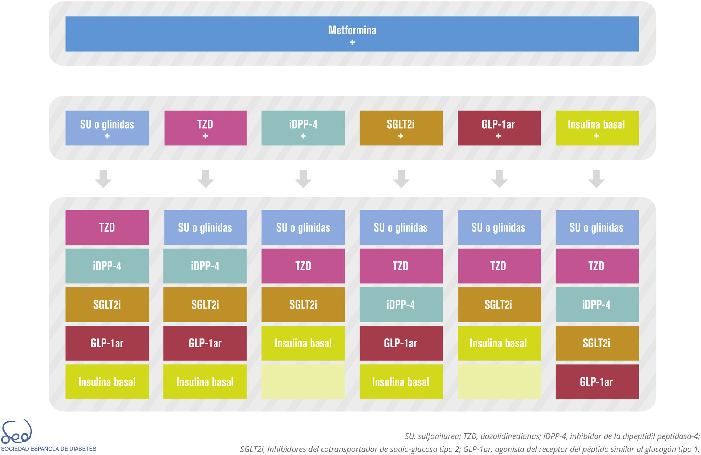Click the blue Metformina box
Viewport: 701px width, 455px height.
352,34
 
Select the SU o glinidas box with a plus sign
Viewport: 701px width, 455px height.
107,128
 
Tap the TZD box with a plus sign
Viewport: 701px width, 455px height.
205,128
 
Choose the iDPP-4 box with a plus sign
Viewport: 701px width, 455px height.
303,128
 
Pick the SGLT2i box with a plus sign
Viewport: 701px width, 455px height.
401,128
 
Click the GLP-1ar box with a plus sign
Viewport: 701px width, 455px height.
499,128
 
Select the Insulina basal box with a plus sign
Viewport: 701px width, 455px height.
597,128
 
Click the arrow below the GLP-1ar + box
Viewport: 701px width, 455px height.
499,179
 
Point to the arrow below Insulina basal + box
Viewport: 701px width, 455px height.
596,179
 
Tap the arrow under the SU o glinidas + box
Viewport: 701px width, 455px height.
103,179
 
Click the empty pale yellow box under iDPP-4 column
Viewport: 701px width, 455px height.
303,382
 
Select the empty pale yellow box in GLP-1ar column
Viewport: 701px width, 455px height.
499,382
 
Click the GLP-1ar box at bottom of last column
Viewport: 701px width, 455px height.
597,382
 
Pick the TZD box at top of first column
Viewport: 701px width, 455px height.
107,227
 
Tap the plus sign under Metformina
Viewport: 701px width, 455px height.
352,42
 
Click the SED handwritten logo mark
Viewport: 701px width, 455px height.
16,432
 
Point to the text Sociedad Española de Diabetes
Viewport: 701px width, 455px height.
49,449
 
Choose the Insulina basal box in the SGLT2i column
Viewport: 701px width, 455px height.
401,382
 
